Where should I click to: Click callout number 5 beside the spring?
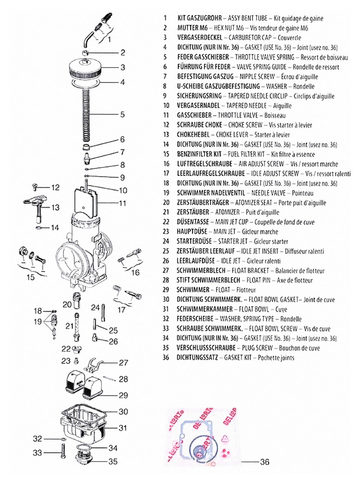pos(122,114)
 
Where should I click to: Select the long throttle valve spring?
pos(86,115)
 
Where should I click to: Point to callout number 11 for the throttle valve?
pos(123,203)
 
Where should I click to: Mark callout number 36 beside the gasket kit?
pos(265,462)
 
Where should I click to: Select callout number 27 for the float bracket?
pos(123,362)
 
